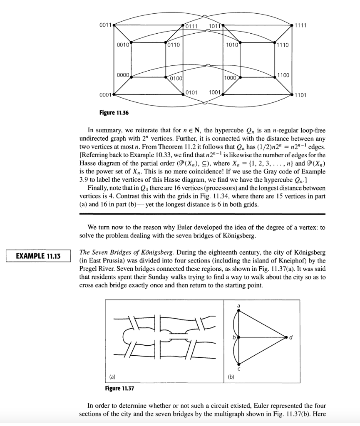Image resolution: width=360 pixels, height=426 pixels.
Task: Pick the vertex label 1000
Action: pyautogui.click(x=230, y=78)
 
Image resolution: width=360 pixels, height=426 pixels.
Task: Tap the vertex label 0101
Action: pyautogui.click(x=191, y=92)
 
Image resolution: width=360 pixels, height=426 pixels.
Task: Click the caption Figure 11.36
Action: pyautogui.click(x=117, y=112)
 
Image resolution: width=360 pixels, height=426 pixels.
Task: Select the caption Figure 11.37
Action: pyautogui.click(x=122, y=389)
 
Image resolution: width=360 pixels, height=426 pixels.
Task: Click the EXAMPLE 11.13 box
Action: pyautogui.click(x=38, y=256)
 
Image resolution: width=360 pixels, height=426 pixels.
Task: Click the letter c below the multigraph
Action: pyautogui.click(x=238, y=368)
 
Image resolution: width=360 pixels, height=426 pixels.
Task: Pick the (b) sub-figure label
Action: pyautogui.click(x=231, y=376)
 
